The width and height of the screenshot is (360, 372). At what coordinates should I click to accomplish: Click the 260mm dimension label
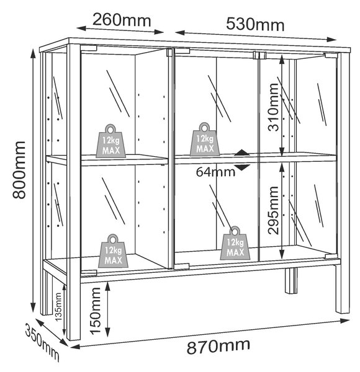click(122, 20)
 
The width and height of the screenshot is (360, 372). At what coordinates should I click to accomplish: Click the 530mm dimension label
click(255, 24)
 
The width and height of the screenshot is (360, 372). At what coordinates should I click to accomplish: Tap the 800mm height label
click(19, 170)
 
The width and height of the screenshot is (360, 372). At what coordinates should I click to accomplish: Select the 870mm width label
click(218, 347)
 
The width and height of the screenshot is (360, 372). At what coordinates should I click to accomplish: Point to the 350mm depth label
click(42, 342)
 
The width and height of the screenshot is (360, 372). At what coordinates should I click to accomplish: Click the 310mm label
click(273, 107)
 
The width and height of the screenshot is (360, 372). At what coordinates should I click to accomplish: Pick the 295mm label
click(273, 210)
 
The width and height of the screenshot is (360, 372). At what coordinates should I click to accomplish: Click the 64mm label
click(215, 172)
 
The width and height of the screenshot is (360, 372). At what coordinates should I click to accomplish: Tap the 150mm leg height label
click(96, 311)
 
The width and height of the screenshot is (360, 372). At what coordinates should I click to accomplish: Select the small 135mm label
click(58, 307)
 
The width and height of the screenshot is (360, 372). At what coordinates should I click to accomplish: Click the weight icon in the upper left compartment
click(110, 141)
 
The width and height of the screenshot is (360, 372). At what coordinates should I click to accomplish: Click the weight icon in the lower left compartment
click(113, 251)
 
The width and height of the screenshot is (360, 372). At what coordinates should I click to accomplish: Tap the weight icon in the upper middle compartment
click(205, 139)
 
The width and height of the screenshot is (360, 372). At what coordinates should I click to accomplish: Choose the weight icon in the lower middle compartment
click(235, 243)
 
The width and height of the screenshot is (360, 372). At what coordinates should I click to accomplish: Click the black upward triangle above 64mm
click(242, 153)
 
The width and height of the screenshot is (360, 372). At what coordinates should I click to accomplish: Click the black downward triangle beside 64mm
click(242, 167)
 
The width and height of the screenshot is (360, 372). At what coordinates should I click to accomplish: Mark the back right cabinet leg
click(291, 281)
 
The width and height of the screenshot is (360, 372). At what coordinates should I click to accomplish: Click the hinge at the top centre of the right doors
click(259, 55)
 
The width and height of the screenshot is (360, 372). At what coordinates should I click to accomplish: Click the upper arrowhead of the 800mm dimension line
click(34, 53)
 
